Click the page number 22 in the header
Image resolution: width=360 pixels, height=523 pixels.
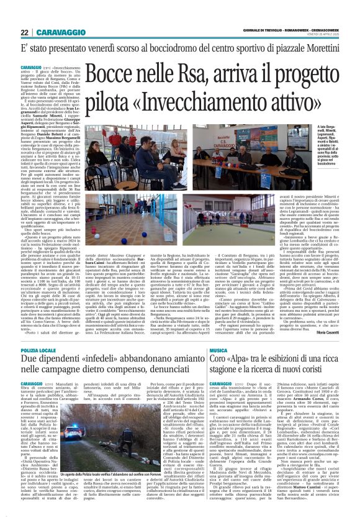click(x=25, y=32)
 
